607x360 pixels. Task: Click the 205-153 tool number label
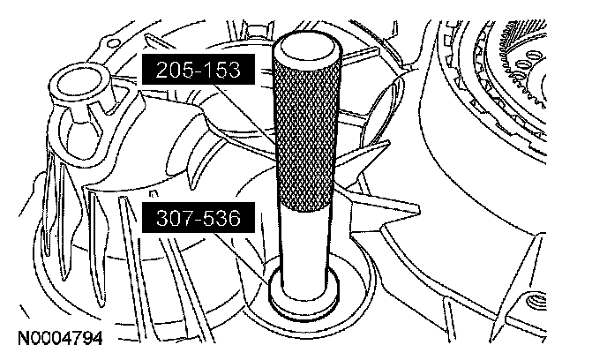click(x=199, y=70)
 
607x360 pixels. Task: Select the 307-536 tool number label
click(x=199, y=218)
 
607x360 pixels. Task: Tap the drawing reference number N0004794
click(x=60, y=338)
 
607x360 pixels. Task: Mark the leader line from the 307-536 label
click(x=241, y=258)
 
